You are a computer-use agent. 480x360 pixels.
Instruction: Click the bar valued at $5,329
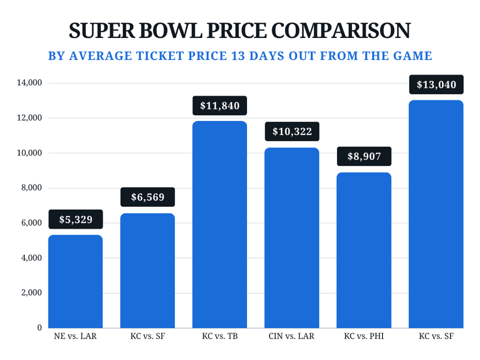coord(75,281)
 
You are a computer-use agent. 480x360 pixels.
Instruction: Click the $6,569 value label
coord(147,197)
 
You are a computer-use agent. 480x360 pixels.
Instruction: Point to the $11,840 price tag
coord(219,105)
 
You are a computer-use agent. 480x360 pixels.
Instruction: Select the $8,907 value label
coord(364,156)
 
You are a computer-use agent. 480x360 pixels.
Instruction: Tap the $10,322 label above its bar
coord(292,132)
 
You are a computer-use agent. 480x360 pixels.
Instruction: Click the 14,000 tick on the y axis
coord(30,83)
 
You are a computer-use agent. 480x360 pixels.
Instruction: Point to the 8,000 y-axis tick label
coord(32,188)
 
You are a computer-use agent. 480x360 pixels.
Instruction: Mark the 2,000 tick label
coord(32,293)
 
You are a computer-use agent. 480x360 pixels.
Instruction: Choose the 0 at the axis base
coord(39,328)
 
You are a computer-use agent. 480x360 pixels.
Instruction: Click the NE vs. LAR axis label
coord(75,336)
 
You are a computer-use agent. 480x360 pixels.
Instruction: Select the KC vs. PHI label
coord(364,336)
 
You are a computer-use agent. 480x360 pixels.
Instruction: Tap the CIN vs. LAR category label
coord(292,336)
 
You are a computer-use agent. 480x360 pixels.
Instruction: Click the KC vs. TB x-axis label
coord(219,336)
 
